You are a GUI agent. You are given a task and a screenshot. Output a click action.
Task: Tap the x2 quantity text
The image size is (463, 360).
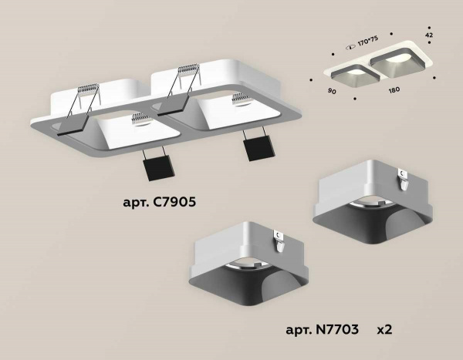pos(385,329)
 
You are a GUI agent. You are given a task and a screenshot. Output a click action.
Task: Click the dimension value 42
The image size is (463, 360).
pos(429,35)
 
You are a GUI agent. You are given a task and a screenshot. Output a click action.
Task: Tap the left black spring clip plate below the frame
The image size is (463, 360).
pos(157,164)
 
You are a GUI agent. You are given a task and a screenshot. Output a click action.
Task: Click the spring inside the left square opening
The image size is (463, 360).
pos(141,119)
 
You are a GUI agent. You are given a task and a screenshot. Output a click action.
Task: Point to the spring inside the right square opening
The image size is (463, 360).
pos(241,98)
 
